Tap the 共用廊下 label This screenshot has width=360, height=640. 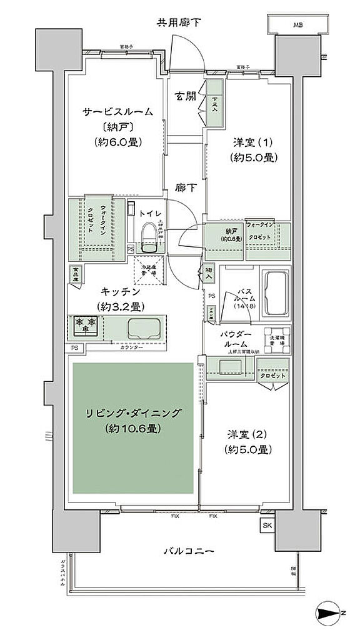179,23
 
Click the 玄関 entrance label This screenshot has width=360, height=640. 185,96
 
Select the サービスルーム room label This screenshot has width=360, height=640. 117,112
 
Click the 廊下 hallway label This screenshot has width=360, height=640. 184,187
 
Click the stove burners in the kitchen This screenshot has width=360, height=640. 84,325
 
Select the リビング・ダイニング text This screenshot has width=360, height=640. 134,413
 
